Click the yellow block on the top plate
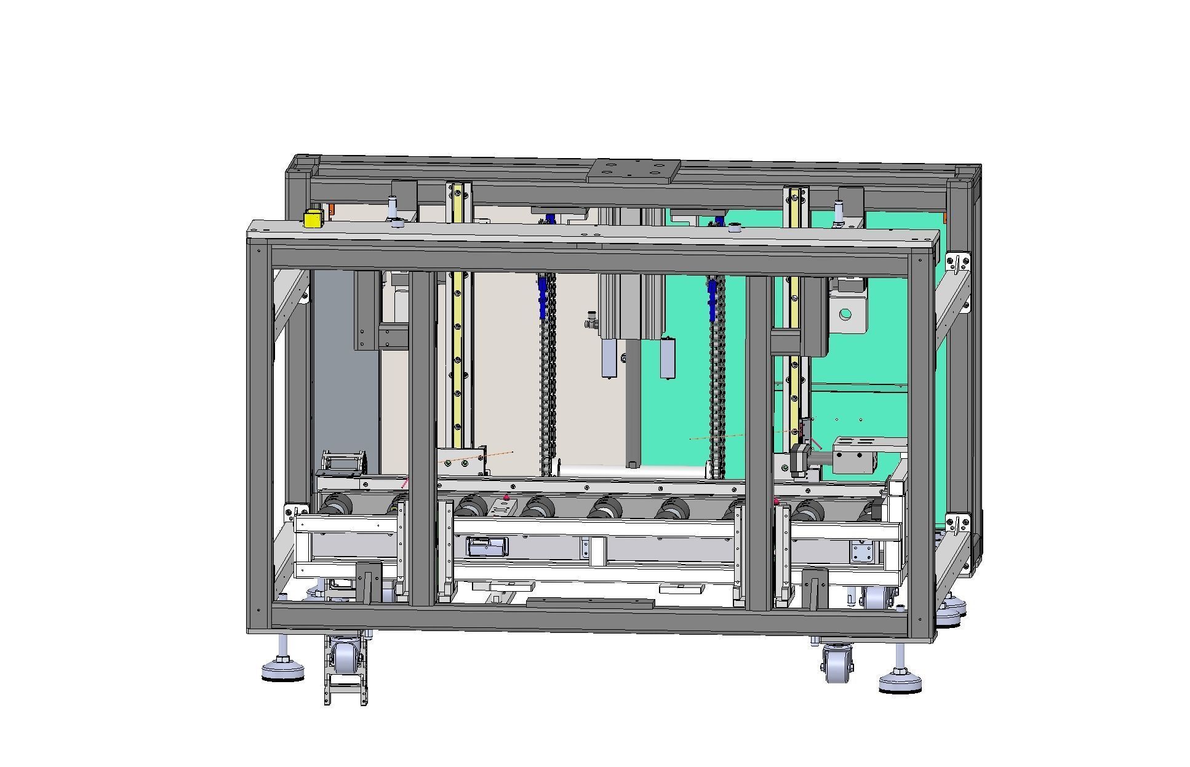coord(313,218)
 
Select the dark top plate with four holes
coord(634,171)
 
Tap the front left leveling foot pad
coord(282,670)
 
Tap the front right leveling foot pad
coord(900,682)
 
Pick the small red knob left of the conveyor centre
coord(506,497)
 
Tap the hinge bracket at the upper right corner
coord(958,262)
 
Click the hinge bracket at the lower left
coord(296,510)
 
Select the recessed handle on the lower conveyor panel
coord(487,546)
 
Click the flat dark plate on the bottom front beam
coord(589,603)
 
